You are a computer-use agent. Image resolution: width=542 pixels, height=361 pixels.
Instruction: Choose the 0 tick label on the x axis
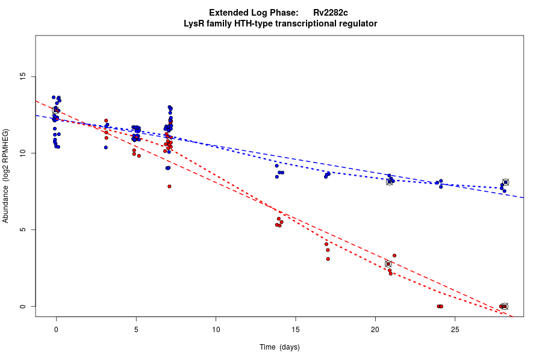56,329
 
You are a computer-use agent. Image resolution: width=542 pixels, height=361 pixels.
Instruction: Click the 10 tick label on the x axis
216,329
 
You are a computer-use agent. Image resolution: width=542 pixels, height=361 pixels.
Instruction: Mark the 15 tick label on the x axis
296,329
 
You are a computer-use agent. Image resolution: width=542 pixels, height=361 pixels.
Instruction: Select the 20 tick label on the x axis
375,329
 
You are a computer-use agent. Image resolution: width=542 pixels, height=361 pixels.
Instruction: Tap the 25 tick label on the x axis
455,329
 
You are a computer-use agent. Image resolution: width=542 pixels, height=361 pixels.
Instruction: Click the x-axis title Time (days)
279,347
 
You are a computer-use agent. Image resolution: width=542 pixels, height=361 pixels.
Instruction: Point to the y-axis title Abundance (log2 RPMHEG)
6,176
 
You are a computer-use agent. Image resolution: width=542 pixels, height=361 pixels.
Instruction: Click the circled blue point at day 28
506,182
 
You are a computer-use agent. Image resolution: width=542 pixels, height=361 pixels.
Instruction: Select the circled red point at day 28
505,306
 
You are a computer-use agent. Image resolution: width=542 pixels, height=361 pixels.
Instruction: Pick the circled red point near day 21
388,264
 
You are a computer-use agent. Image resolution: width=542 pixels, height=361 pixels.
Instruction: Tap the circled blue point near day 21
389,182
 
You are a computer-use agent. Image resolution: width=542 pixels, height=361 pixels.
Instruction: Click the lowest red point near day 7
169,187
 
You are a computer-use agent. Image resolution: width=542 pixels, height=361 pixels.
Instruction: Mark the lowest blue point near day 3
105,147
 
